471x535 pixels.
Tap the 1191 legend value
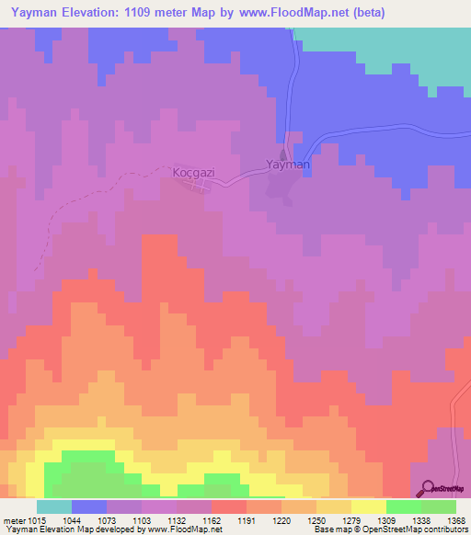(x=246, y=521)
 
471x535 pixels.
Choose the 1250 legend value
(x=316, y=521)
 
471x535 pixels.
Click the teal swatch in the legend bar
(x=54, y=507)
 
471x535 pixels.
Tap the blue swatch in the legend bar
(x=89, y=507)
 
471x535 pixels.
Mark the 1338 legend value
(x=419, y=521)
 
